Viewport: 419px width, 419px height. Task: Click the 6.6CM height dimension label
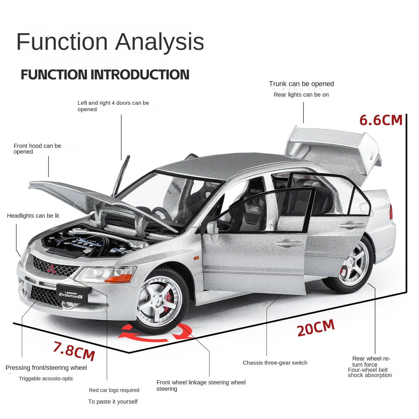click(x=381, y=120)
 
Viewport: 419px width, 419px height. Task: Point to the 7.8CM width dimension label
click(x=74, y=351)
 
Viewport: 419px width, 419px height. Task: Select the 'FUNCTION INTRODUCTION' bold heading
click(x=105, y=74)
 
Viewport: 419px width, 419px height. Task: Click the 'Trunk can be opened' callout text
click(x=301, y=84)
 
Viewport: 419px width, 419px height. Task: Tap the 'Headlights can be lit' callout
click(x=33, y=216)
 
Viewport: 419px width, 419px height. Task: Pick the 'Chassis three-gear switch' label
click(x=275, y=363)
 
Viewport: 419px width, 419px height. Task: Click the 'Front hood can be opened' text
click(x=37, y=148)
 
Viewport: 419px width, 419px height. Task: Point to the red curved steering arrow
click(x=154, y=333)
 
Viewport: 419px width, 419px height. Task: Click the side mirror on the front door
click(x=212, y=227)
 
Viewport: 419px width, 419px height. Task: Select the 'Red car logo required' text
click(x=114, y=390)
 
